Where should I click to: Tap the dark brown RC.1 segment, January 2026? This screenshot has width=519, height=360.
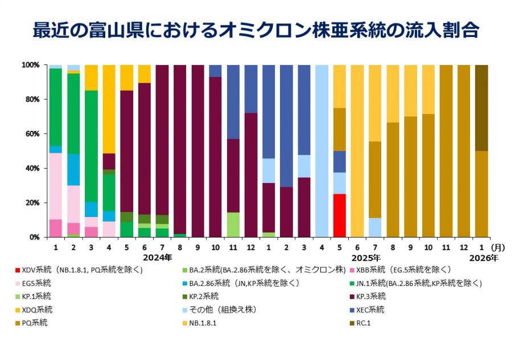(x=481, y=108)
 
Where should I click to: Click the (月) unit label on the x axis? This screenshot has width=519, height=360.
(x=499, y=248)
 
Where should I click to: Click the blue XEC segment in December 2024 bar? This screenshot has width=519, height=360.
(x=252, y=89)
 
